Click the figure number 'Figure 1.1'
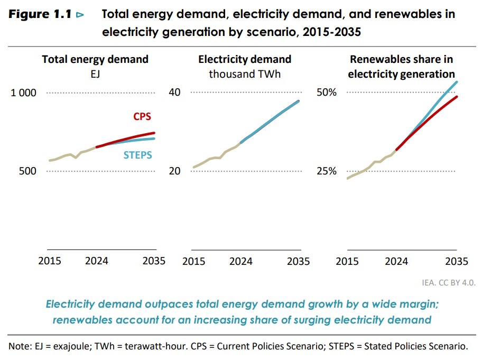click(40, 15)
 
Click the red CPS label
click(142, 117)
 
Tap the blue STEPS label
click(137, 155)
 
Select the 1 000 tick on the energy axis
click(24, 93)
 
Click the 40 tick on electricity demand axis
click(174, 93)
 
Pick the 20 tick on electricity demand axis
click(174, 171)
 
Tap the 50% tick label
click(326, 93)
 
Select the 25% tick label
click(326, 171)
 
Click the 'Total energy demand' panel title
click(95, 59)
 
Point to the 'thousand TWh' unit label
click(245, 74)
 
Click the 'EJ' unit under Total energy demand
click(95, 74)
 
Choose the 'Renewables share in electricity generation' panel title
click(402, 67)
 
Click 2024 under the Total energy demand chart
click(96, 261)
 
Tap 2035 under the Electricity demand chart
click(299, 261)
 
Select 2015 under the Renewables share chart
click(348, 261)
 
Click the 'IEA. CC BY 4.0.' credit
click(449, 282)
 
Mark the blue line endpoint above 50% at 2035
click(457, 82)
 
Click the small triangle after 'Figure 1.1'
click(80, 15)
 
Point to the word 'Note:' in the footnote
click(20, 347)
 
